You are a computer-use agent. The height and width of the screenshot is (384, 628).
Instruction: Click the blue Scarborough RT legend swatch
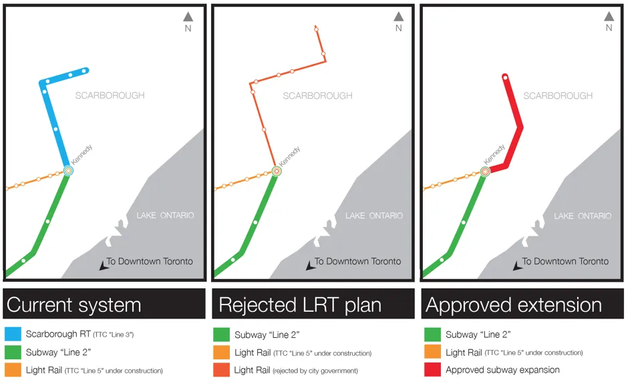pos(13,334)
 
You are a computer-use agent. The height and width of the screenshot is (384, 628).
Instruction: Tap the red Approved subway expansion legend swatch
pos(432,369)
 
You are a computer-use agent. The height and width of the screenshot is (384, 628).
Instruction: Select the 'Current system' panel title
pos(74,305)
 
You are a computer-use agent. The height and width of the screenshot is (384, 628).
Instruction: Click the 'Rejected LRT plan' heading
pos(300,305)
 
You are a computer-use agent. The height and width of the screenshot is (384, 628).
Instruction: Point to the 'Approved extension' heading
pos(514,305)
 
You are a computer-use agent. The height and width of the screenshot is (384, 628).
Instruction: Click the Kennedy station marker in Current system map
pos(69,170)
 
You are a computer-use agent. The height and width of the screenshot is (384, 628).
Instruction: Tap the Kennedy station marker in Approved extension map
pos(485,172)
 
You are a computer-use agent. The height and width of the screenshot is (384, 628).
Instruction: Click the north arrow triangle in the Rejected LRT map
pos(398,17)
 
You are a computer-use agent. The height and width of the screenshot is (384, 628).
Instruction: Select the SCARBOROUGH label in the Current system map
pos(110,95)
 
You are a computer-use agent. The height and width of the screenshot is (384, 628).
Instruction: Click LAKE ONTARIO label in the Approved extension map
pos(583,216)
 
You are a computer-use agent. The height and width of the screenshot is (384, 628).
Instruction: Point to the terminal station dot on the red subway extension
pos(506,77)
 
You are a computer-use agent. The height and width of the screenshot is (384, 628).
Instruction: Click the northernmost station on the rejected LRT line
pos(317,29)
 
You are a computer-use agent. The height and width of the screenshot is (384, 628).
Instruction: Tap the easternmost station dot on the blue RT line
pos(84,71)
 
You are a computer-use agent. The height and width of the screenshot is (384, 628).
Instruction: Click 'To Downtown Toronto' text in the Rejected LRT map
pos(357,262)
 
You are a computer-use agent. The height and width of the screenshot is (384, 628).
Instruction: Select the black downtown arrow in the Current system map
pos(104,266)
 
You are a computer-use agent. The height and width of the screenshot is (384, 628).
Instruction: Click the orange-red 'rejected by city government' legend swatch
pos(222,370)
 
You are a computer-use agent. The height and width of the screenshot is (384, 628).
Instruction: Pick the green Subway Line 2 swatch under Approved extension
pos(432,335)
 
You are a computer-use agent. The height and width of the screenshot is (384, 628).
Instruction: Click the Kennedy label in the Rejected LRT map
pos(289,156)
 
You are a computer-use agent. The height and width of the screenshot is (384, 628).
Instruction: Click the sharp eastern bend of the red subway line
pos(521,127)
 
